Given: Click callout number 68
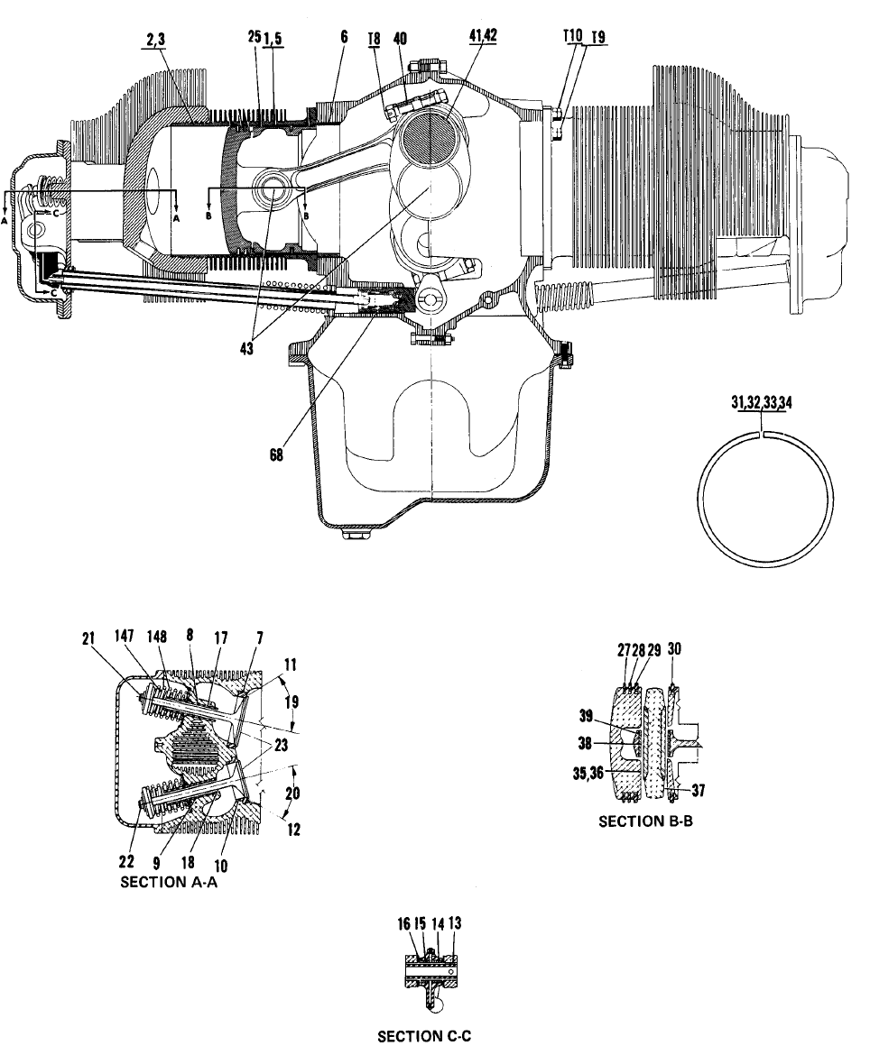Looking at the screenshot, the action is click(276, 455).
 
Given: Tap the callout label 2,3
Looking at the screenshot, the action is click(155, 41).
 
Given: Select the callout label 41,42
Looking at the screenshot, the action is click(483, 37).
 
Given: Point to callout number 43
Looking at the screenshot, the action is click(246, 349).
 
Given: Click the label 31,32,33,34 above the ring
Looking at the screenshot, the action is click(762, 402).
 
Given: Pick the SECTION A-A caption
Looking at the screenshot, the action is click(169, 882).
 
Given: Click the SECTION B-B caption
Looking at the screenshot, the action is click(645, 821).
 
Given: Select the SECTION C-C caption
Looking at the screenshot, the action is click(424, 1036).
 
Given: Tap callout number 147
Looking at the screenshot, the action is click(124, 637).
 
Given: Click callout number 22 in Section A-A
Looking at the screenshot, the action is click(126, 861).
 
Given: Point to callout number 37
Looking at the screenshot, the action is click(699, 790).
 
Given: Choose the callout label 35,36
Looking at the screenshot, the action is click(588, 773).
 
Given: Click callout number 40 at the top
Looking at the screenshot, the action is click(400, 38).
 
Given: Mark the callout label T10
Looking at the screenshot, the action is click(573, 36).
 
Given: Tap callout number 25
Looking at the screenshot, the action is click(254, 37).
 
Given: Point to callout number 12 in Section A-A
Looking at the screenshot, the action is click(292, 830).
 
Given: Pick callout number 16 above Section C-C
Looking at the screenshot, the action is click(404, 923).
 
